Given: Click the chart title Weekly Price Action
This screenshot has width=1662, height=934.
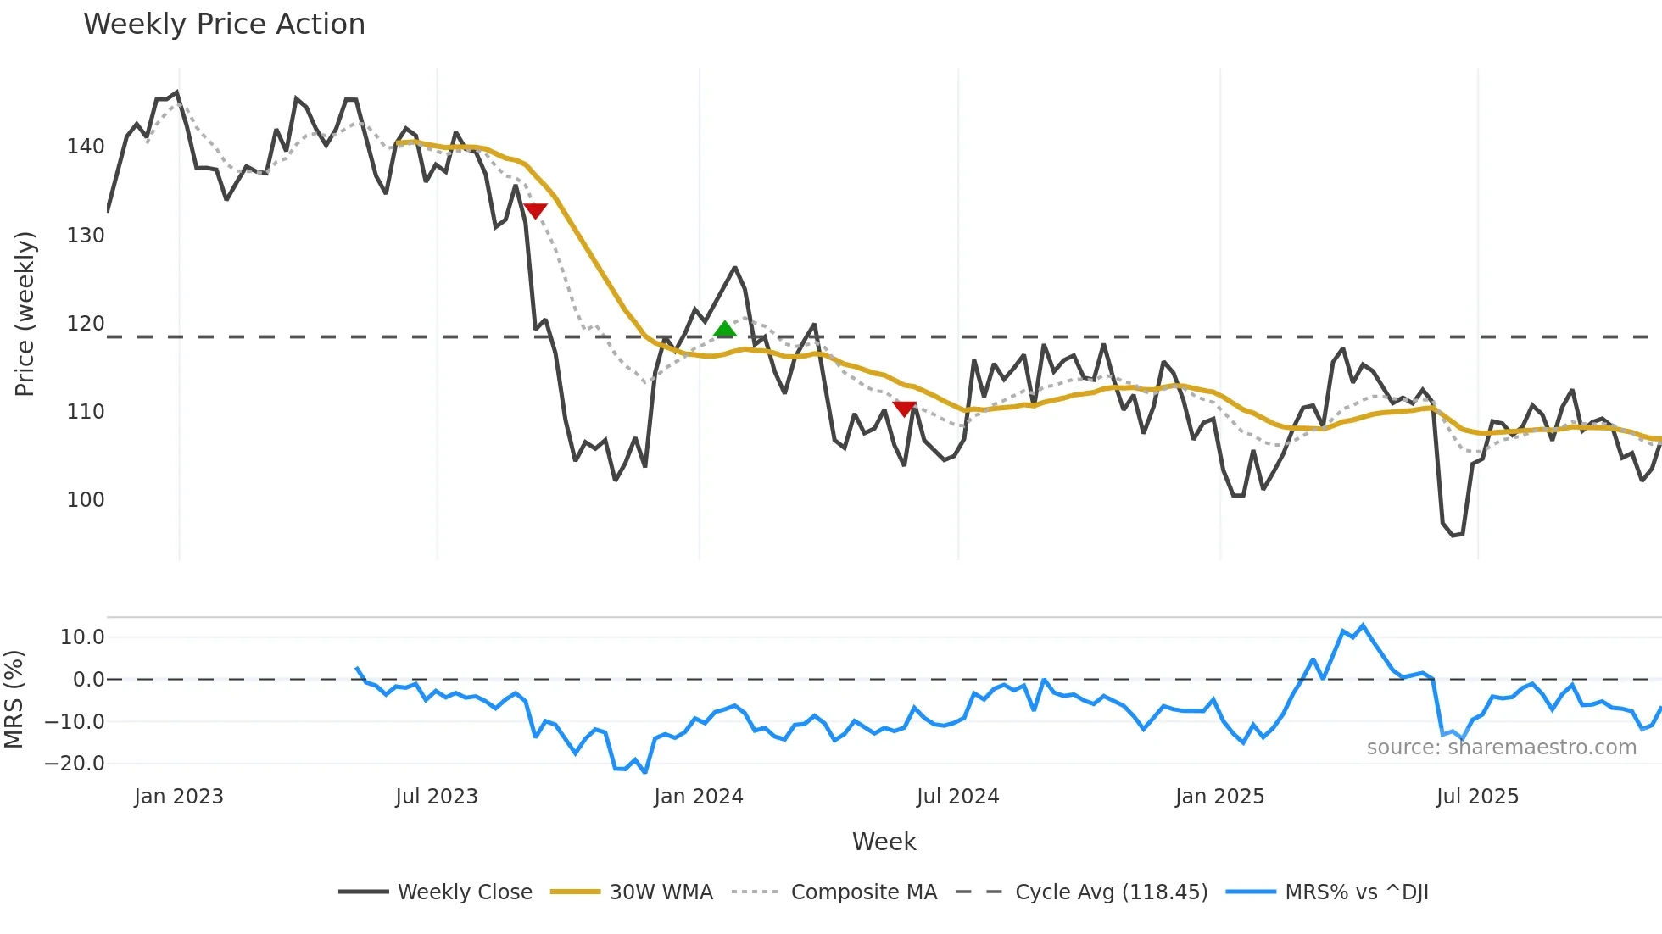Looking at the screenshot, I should pos(224,25).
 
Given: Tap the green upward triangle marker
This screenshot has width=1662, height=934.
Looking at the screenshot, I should pos(724,330).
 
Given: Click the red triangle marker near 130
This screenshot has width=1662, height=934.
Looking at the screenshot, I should pos(535,210).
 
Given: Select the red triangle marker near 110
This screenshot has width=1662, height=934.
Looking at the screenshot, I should pos(905,409).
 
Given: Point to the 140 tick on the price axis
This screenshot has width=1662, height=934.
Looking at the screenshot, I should pos(86,147).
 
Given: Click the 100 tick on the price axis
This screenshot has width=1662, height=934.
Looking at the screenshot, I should pos(86,500).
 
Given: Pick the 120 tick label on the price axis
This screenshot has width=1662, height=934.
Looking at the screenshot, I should pos(86,324).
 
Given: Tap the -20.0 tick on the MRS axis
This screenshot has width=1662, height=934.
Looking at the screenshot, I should pos(75,764).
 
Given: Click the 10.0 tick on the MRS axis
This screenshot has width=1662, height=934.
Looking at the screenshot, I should pos(82,637).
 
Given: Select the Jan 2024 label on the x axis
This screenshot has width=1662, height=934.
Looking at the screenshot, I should pos(698,797).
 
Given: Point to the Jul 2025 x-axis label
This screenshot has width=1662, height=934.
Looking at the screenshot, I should pos(1477,797).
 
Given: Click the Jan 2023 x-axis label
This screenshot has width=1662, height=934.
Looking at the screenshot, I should pos(179,797).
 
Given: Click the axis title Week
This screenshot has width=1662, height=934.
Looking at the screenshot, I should pos(884,842).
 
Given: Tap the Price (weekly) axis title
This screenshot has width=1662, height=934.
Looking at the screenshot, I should pos(25,314).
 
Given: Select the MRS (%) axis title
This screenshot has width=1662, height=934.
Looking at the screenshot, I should pos(14,699).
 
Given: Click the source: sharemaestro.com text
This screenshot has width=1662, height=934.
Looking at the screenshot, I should pos(1501,748).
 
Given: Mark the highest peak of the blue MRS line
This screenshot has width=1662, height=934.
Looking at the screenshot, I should pos(1363,626).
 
